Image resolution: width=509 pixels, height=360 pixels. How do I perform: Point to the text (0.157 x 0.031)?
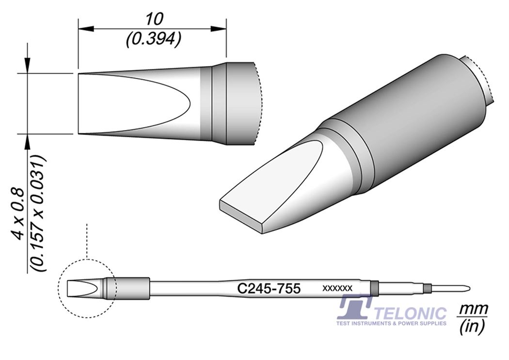[39, 213]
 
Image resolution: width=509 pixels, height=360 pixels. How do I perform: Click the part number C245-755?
[269, 289]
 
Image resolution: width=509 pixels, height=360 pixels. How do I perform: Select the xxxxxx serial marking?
[337, 289]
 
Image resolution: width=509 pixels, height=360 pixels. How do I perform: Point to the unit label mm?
[473, 309]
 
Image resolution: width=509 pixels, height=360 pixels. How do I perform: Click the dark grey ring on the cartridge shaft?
[374, 287]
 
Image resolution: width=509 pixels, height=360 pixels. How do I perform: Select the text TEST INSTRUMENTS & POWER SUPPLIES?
[391, 323]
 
